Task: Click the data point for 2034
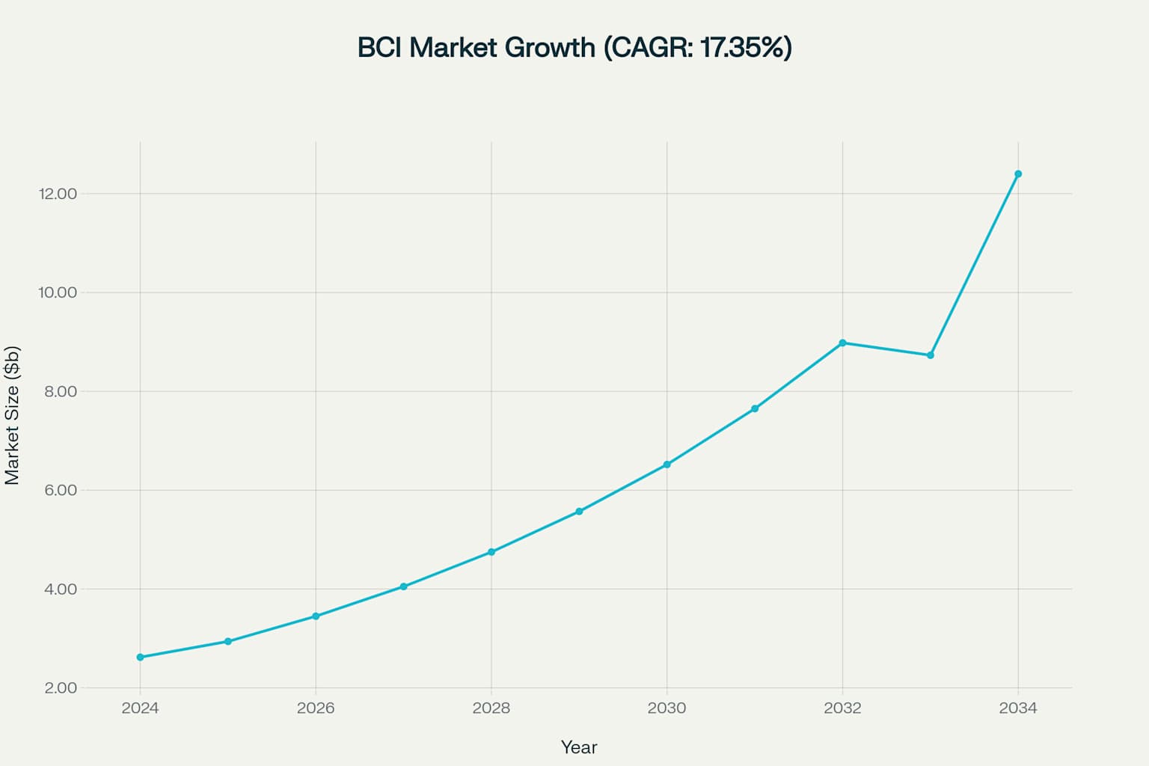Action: (x=1018, y=174)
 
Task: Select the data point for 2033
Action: (x=931, y=355)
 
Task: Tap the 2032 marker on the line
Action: (x=842, y=343)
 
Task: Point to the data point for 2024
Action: (x=140, y=658)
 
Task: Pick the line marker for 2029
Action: (x=579, y=512)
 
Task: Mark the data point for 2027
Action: (x=403, y=586)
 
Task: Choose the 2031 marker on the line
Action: (x=755, y=408)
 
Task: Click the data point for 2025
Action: (x=228, y=642)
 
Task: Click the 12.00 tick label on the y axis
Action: (x=58, y=194)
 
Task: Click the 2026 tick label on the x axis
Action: (x=316, y=708)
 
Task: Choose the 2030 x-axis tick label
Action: (x=667, y=708)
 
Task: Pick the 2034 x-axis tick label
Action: (x=1018, y=708)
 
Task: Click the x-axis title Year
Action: (x=579, y=747)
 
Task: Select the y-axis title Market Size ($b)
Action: (x=12, y=415)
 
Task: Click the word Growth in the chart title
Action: (x=551, y=48)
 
